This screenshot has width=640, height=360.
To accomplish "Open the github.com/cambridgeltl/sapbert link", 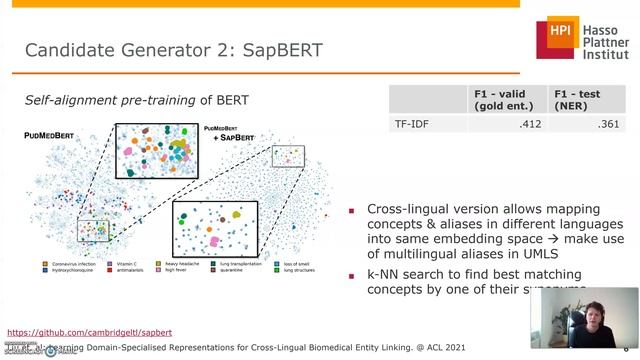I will [x=89, y=332].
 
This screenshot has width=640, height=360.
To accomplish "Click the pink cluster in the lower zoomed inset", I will [x=214, y=241].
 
